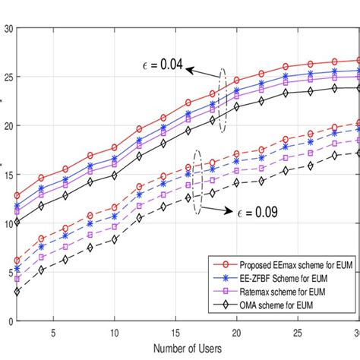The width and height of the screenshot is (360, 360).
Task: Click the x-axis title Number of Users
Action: pyautogui.click(x=187, y=349)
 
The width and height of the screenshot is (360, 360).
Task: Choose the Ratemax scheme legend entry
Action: pyautogui.click(x=272, y=292)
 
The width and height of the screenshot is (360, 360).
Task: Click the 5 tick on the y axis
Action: pyautogui.click(x=9, y=272)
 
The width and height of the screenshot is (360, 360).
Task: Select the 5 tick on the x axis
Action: pyautogui.click(x=53, y=331)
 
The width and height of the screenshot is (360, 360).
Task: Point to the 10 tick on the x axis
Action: pyautogui.click(x=114, y=331)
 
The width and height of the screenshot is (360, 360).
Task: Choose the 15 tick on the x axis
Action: pyautogui.click(x=175, y=331)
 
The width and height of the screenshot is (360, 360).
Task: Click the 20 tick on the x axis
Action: pyautogui.click(x=237, y=331)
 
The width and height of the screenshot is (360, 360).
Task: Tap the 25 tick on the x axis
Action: pyautogui.click(x=298, y=331)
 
